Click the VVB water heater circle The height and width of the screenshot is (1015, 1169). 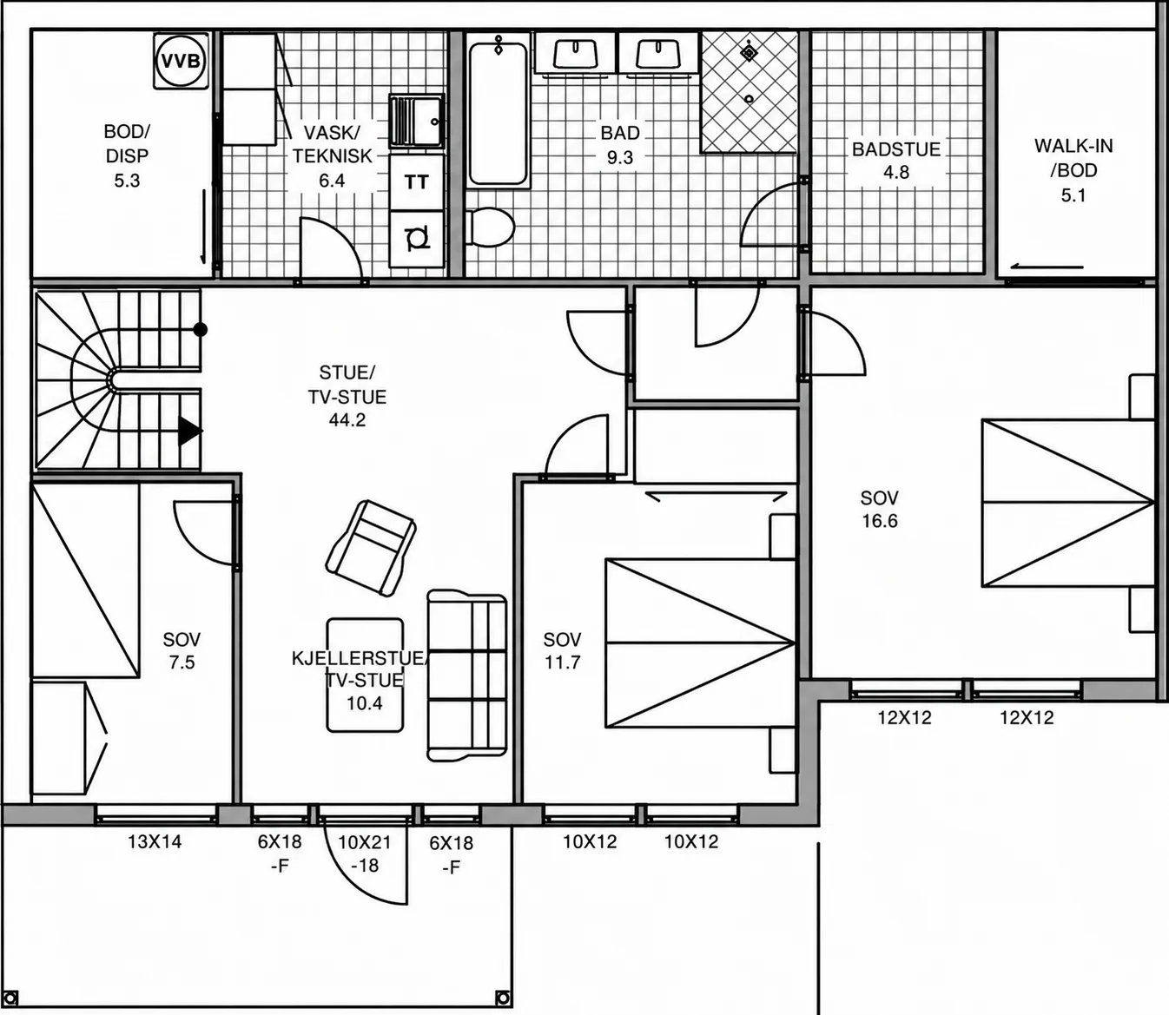[x=181, y=61]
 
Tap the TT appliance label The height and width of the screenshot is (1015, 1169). [x=416, y=182]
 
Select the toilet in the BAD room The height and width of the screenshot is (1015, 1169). [x=490, y=227]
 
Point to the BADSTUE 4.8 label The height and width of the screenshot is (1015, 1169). [x=896, y=161]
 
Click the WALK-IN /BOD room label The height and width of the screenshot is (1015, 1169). [x=1073, y=170]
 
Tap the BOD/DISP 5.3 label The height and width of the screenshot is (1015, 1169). [x=127, y=156]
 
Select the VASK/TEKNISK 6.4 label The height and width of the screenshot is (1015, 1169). [x=332, y=156]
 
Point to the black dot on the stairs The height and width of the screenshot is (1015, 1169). [x=200, y=330]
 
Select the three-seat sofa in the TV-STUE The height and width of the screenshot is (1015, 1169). [x=466, y=676]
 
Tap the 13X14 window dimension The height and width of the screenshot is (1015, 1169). [x=155, y=841]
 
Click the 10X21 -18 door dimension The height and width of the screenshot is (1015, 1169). [x=365, y=854]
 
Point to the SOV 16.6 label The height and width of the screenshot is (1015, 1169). [x=879, y=509]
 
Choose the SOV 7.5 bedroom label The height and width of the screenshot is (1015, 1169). [x=182, y=650]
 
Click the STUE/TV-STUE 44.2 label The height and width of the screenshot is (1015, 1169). [x=347, y=396]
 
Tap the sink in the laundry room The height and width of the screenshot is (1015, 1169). [x=417, y=121]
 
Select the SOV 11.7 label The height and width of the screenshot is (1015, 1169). [x=562, y=650]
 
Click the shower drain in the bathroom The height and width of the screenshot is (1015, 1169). [x=749, y=99]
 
